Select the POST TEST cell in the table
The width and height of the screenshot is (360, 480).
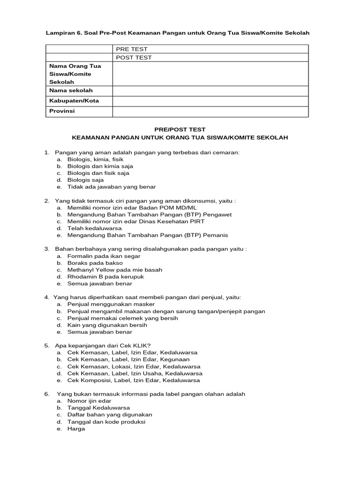click(x=134, y=58)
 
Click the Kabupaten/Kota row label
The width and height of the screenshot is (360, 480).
click(x=74, y=101)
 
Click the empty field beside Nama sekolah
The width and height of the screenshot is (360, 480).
click(x=210, y=90)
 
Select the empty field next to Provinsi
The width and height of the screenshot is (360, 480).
click(x=210, y=112)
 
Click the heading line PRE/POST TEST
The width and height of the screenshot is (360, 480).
click(x=180, y=129)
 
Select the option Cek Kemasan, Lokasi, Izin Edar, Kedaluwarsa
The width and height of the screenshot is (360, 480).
click(x=134, y=367)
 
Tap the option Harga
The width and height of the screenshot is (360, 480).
click(x=76, y=428)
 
